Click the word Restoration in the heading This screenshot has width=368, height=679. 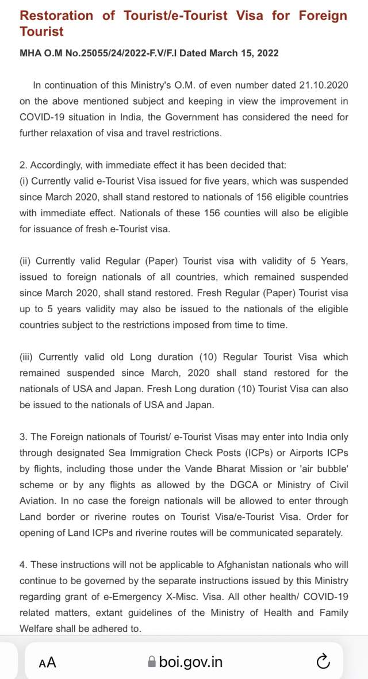point(56,16)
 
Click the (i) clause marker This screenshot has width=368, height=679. point(24,181)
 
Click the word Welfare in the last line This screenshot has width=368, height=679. point(37,628)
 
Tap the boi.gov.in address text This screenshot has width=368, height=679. point(190,662)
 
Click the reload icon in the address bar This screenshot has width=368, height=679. point(323,662)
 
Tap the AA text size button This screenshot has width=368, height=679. point(48,662)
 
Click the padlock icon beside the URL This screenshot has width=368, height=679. point(152,662)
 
